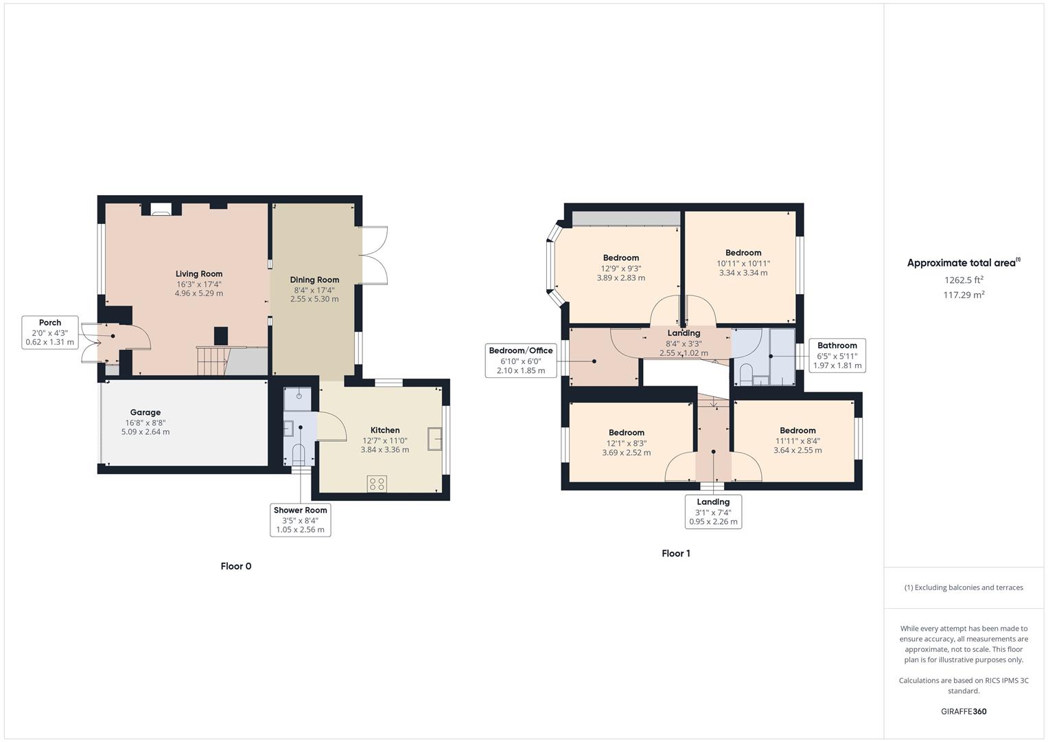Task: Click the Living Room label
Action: [x=199, y=274]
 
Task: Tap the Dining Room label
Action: [x=314, y=280]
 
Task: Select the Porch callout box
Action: [x=50, y=332]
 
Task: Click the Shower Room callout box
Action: [x=301, y=519]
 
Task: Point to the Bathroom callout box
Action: [x=837, y=355]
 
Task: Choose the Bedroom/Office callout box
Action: [x=520, y=360]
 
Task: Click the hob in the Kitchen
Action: [x=377, y=484]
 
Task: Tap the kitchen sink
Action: [x=435, y=438]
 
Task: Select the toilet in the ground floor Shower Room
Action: [x=298, y=454]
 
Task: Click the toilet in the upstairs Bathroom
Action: [x=745, y=375]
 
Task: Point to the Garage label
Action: [x=145, y=412]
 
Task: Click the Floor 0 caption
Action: [x=236, y=566]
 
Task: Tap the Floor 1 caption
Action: [x=675, y=553]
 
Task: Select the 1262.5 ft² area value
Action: [x=964, y=280]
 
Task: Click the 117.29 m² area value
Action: [x=964, y=295]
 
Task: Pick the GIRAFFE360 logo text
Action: [x=964, y=711]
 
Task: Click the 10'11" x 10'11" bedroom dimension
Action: [x=743, y=263]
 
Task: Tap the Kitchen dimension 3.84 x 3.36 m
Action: [x=384, y=450]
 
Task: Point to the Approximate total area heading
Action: [x=963, y=262]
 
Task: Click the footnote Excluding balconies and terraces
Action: [x=964, y=587]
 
